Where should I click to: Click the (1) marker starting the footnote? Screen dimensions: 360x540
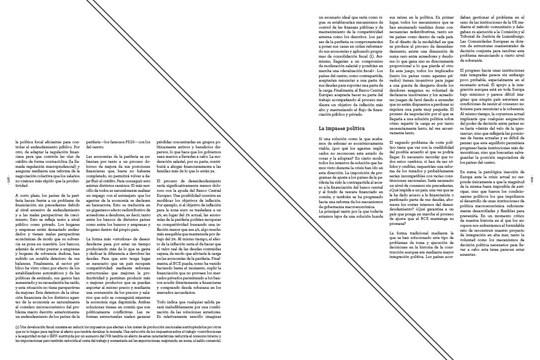tap(17, 326)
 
